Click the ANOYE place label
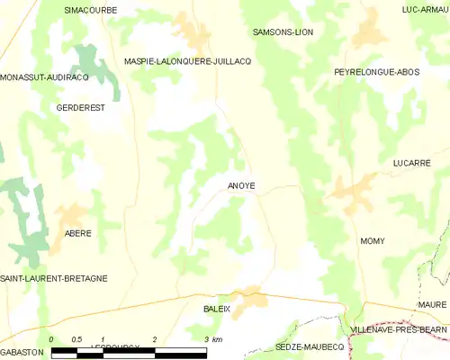(x=240, y=186)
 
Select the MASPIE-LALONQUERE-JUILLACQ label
(x=187, y=61)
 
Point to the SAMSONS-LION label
(x=283, y=31)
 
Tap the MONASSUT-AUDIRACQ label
(x=44, y=78)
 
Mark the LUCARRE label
(x=411, y=163)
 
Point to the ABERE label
(x=77, y=233)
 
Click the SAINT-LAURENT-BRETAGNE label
(x=54, y=279)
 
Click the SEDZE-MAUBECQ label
(x=310, y=346)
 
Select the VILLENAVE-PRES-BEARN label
(x=399, y=331)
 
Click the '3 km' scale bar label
(x=213, y=339)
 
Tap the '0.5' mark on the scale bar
(x=77, y=339)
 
